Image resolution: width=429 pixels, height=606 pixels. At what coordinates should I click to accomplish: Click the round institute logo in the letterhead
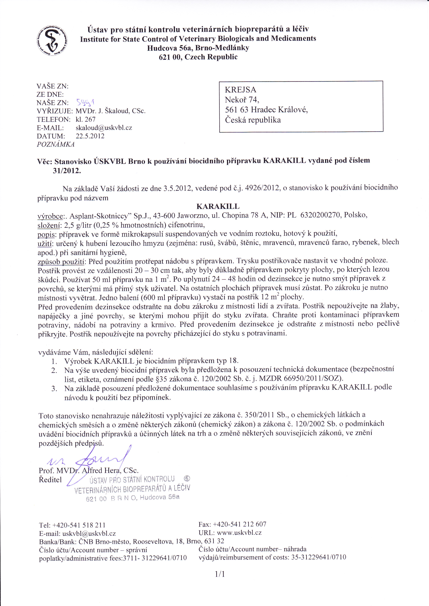click(x=52, y=41)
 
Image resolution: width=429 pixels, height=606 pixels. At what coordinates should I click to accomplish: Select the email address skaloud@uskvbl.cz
click(x=104, y=128)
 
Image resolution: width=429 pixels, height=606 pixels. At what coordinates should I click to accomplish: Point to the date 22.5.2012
click(x=90, y=136)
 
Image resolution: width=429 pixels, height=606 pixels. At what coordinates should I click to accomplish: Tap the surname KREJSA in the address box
click(x=240, y=90)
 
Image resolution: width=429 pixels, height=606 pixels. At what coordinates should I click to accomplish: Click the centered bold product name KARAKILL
click(x=218, y=206)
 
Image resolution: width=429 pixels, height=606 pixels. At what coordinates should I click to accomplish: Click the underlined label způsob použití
click(x=61, y=262)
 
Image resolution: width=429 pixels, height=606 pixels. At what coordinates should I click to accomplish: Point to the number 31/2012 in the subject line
click(x=67, y=171)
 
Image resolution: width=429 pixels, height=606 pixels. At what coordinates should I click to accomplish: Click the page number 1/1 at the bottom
click(x=220, y=574)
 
